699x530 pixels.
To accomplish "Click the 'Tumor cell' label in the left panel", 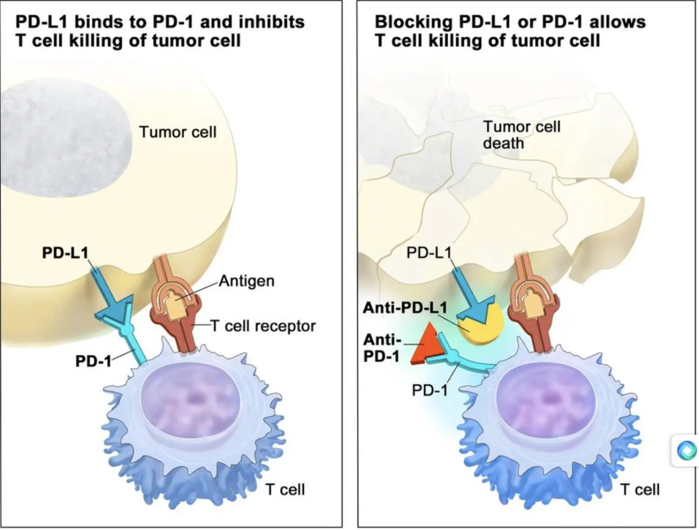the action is click(x=178, y=132).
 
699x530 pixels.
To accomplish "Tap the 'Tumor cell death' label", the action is click(x=521, y=135).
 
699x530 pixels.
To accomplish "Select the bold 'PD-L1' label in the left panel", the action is click(x=65, y=253).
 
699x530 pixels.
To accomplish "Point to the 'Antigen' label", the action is click(x=247, y=281).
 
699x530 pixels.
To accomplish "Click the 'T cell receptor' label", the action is click(x=263, y=326).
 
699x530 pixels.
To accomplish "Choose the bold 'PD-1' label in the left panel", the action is click(x=93, y=361).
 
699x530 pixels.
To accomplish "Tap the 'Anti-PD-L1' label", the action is click(x=410, y=308).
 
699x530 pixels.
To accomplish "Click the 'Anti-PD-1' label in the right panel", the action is click(x=382, y=348).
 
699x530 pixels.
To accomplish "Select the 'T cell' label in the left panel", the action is click(x=285, y=489).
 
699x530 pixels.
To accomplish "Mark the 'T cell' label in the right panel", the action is click(x=640, y=489).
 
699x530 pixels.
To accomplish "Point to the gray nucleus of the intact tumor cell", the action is click(x=65, y=137).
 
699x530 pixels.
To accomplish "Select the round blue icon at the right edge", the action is click(x=686, y=450).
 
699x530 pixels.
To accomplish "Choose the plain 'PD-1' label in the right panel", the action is click(x=430, y=390).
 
